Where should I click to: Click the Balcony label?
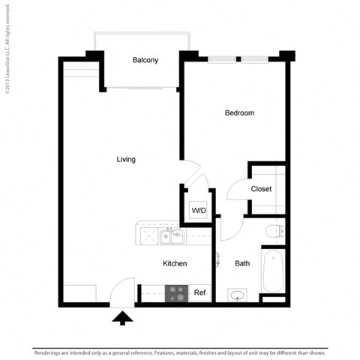[x=145, y=61]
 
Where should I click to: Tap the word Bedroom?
[x=239, y=113]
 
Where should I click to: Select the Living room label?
[x=126, y=159]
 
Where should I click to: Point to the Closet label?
[x=261, y=189]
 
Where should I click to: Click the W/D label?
[x=198, y=211]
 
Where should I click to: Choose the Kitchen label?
[x=175, y=263]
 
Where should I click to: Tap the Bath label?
[x=242, y=263]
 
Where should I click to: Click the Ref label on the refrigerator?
[x=199, y=292]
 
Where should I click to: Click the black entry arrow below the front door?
[x=121, y=319]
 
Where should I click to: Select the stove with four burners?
[x=176, y=292]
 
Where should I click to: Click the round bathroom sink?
[x=238, y=295]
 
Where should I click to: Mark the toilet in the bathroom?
[x=273, y=230]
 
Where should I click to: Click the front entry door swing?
[x=123, y=289]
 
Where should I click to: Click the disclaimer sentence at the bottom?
[x=179, y=351]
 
